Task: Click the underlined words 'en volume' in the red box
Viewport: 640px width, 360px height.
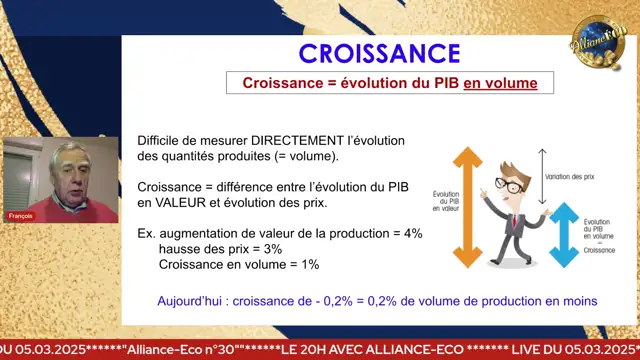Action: point(500,84)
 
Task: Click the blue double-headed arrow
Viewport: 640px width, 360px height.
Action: point(565,234)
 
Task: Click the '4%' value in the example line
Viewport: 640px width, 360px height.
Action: point(412,233)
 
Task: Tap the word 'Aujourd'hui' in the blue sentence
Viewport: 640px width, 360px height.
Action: point(188,300)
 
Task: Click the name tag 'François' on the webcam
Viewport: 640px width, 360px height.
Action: point(21,215)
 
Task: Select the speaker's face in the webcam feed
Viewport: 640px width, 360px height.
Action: point(66,166)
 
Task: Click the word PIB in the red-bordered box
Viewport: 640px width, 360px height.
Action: point(442,84)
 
